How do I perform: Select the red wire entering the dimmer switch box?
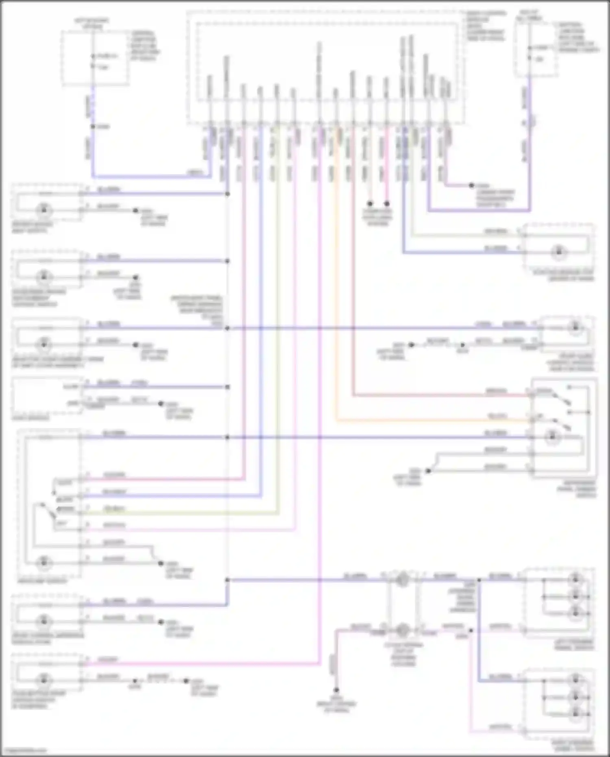click(439, 395)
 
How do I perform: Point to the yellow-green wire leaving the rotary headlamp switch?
click(183, 513)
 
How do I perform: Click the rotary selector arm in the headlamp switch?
click(48, 511)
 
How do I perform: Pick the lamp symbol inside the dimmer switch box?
click(552, 436)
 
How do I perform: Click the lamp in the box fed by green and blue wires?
click(558, 252)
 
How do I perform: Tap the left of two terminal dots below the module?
click(370, 203)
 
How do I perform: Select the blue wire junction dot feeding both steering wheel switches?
click(479, 580)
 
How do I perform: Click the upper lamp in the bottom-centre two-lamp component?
click(402, 579)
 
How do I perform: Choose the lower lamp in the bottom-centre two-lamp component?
click(402, 630)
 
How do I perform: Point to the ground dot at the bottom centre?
click(336, 690)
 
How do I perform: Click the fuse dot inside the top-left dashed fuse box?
click(93, 56)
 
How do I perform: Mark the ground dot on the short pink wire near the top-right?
click(471, 185)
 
